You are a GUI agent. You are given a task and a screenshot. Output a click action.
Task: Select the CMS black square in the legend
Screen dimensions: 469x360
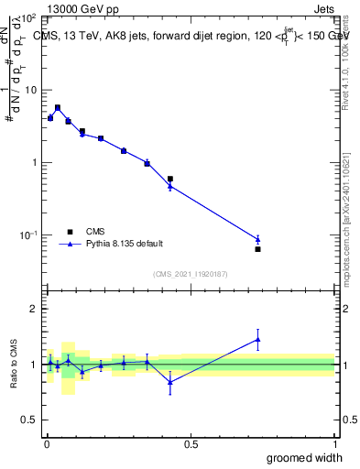69,232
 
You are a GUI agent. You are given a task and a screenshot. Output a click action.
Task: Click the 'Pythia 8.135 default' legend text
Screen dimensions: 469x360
125,245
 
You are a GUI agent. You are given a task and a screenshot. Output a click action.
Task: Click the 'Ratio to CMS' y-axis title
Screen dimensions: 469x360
13,365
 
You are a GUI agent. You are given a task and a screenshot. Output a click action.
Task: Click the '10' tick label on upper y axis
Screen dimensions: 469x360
29,91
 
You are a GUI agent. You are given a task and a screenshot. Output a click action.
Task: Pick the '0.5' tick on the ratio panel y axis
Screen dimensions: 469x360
30,420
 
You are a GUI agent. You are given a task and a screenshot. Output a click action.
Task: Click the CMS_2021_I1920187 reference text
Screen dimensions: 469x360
190,273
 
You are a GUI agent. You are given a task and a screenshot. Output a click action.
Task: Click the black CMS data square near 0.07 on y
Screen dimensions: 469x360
257,249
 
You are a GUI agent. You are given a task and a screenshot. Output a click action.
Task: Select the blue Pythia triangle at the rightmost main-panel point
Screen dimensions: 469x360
257,239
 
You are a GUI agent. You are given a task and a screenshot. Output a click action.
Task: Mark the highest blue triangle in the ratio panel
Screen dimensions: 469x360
257,340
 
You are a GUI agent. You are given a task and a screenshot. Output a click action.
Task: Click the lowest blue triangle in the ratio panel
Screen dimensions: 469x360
170,382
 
